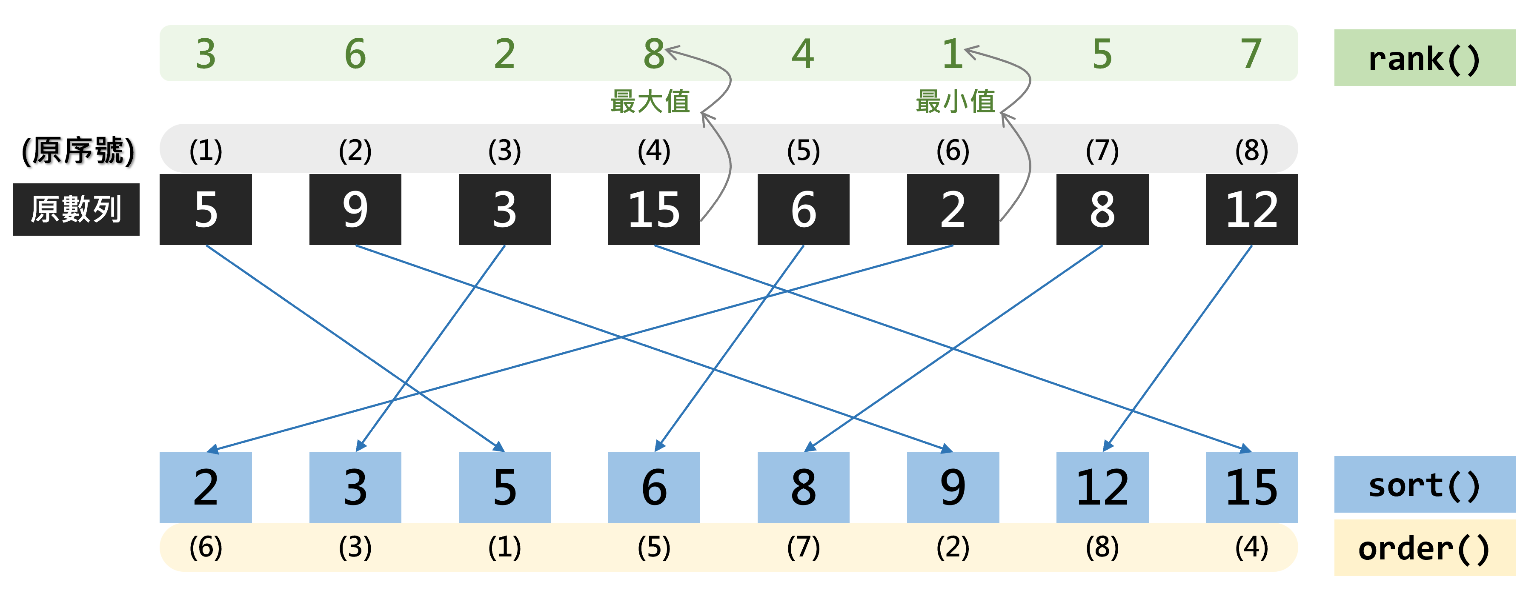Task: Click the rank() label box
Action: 1424,58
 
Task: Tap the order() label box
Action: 1424,548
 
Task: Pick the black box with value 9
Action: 355,210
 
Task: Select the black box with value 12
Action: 1251,210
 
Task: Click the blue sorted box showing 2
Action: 206,487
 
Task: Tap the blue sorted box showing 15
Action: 1251,487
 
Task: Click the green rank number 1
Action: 952,54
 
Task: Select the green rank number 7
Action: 1251,54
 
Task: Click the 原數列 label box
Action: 76,210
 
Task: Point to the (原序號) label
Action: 78,151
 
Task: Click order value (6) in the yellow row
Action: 206,547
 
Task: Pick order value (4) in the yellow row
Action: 1251,547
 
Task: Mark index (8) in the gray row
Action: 1251,151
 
